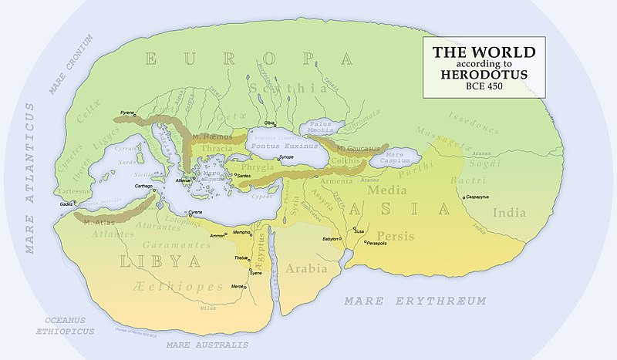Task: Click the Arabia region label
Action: pos(306,270)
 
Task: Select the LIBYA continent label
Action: pos(155,261)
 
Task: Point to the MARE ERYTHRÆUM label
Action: pos(415,300)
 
